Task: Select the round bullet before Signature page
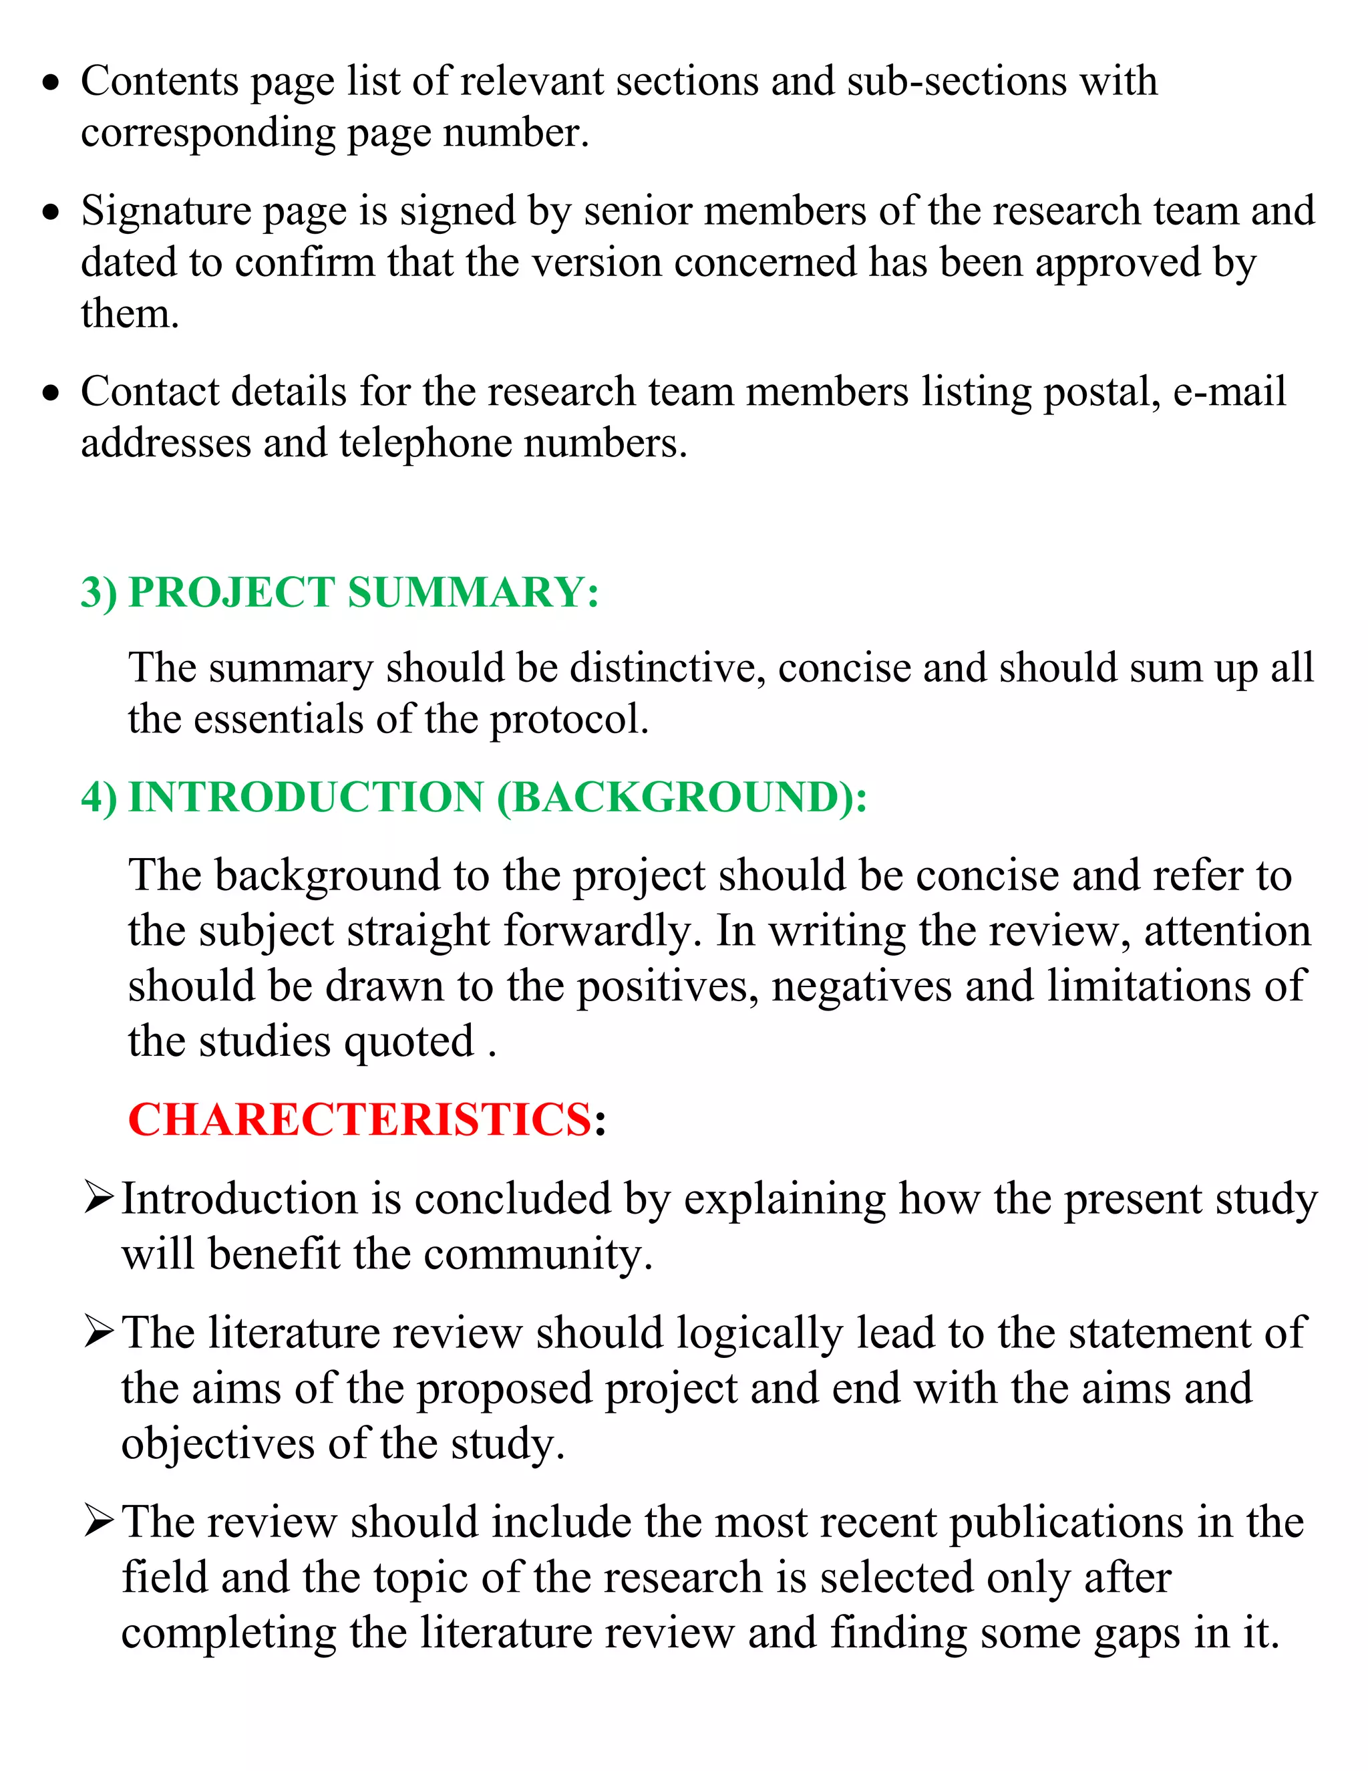point(51,213)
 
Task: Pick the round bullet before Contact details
point(51,393)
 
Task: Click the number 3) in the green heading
point(99,592)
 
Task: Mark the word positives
point(668,987)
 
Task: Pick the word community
point(537,1254)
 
